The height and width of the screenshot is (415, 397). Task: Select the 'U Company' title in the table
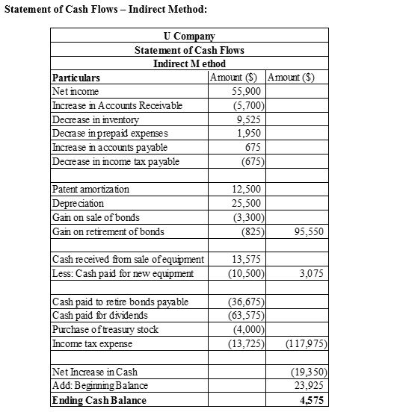188,36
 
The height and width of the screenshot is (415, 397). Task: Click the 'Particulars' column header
75,78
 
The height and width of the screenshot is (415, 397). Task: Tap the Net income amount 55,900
246,90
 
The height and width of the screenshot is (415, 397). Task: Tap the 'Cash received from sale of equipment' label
126,259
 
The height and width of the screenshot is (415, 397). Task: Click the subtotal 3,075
311,273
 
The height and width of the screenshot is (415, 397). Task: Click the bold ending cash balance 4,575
313,400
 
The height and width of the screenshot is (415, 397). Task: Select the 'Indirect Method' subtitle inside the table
188,63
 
